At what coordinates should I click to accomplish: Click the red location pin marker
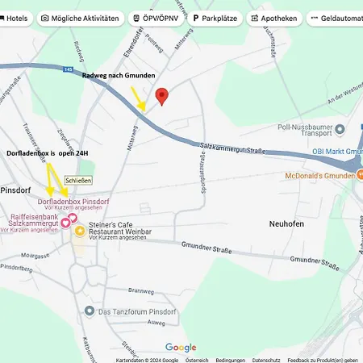pos(161,96)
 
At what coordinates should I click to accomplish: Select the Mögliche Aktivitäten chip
pos(81,18)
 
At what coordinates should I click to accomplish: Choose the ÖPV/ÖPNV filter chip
pos(156,18)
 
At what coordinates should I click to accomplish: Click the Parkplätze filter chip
pos(215,18)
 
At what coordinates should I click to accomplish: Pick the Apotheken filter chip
pos(274,18)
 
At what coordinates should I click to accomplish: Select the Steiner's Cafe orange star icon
pos(80,232)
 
